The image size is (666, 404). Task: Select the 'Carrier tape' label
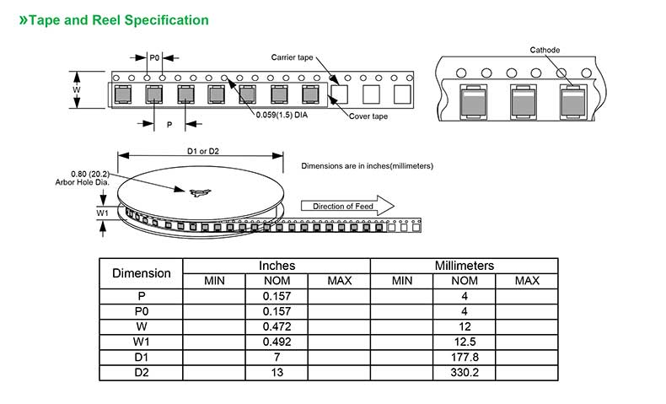click(x=292, y=57)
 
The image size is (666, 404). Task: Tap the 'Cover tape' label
click(x=368, y=116)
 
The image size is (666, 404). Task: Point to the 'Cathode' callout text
click(x=545, y=50)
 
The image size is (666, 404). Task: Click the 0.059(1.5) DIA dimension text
click(x=282, y=116)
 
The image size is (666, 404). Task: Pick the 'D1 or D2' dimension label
click(x=202, y=151)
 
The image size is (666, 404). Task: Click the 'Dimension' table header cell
click(x=142, y=273)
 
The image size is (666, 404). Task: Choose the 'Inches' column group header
click(x=277, y=266)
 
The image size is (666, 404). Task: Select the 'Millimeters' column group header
click(x=464, y=266)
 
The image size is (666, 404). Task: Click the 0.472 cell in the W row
click(x=277, y=326)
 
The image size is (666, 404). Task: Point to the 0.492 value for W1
click(x=277, y=342)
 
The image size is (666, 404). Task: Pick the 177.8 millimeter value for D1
click(x=464, y=357)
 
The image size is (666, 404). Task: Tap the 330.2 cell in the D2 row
click(x=464, y=372)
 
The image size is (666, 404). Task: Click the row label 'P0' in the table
click(x=142, y=311)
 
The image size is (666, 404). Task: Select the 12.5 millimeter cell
click(x=464, y=342)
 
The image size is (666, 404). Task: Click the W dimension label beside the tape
click(x=77, y=89)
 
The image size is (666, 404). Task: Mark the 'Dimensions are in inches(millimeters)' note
click(x=367, y=166)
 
